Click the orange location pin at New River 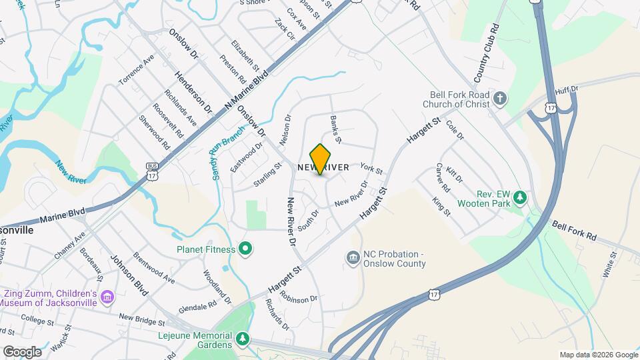320,159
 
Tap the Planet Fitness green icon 245,249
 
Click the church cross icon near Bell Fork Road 500,100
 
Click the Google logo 21,352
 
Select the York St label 371,169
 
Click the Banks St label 335,129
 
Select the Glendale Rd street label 199,305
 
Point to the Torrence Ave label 137,69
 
